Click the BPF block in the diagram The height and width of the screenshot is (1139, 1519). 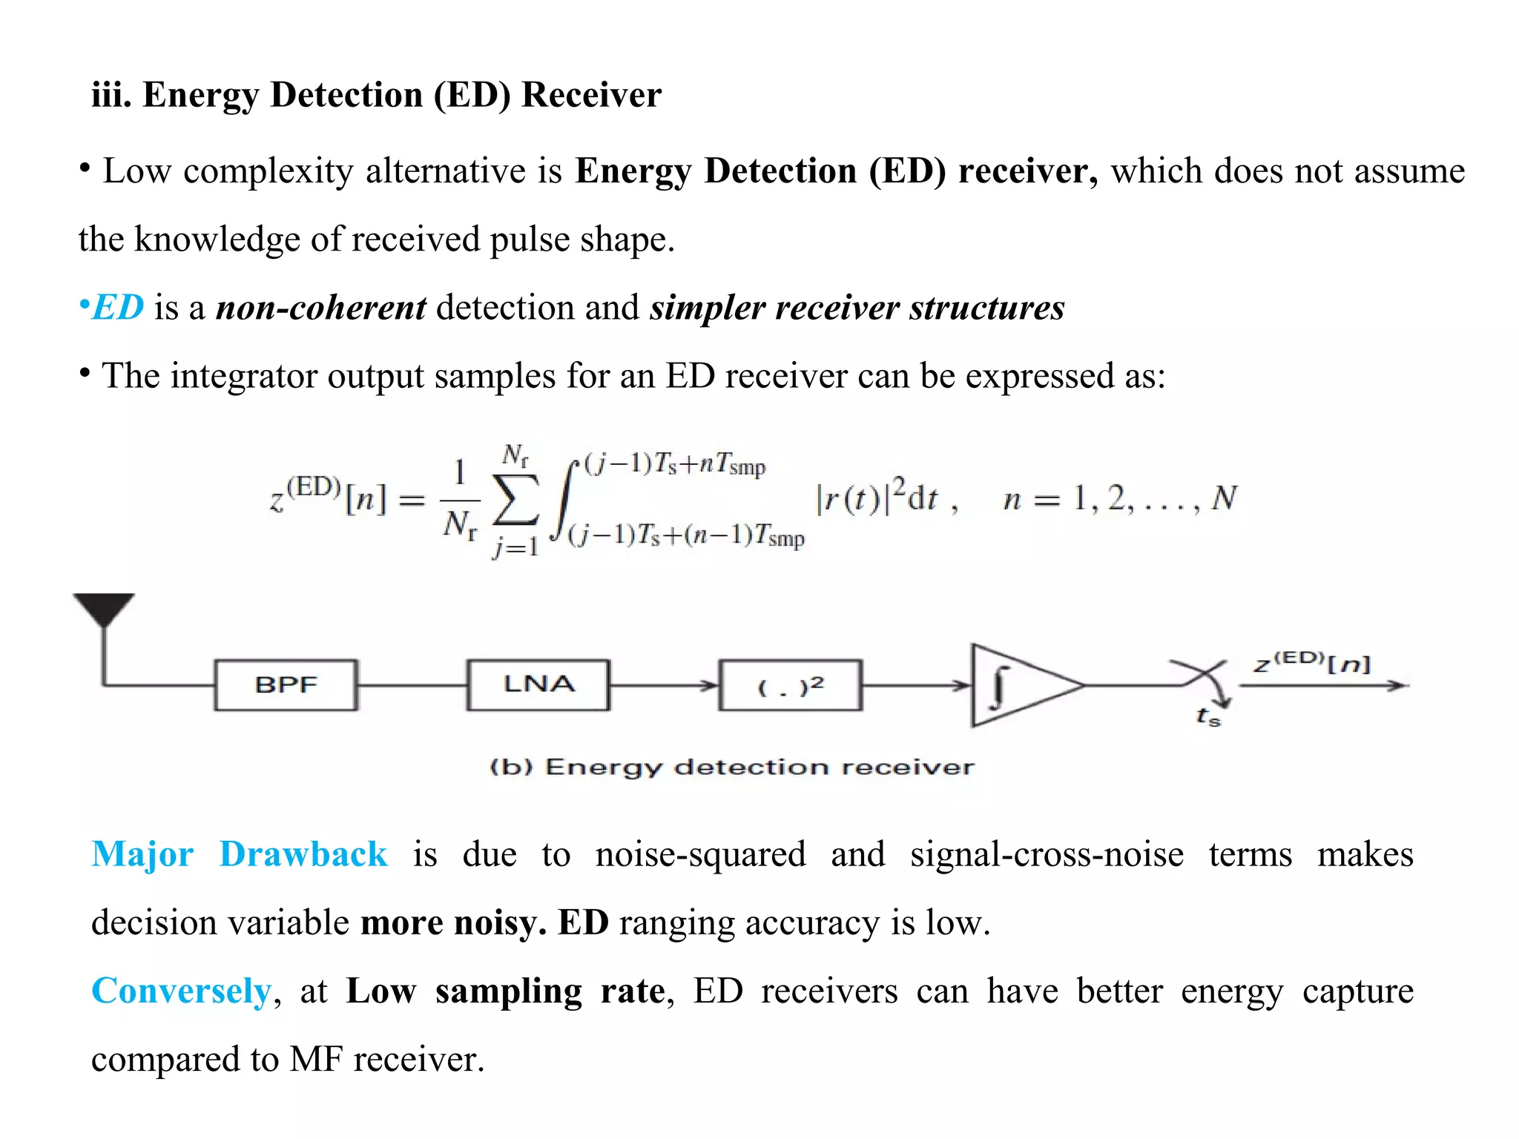pyautogui.click(x=286, y=685)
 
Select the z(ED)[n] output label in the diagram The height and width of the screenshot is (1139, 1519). pyautogui.click(x=1312, y=661)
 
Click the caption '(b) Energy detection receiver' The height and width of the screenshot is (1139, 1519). pyautogui.click(x=731, y=767)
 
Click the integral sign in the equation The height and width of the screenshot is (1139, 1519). pyautogui.click(x=564, y=501)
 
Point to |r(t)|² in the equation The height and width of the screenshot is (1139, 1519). pyautogui.click(x=860, y=497)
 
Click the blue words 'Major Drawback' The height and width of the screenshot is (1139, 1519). pyautogui.click(x=239, y=854)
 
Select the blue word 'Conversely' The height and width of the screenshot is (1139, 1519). pyautogui.click(x=182, y=991)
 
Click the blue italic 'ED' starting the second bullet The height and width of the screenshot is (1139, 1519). pyautogui.click(x=118, y=308)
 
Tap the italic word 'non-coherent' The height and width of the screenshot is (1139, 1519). pyautogui.click(x=320, y=308)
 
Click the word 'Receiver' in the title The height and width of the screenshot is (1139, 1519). pyautogui.click(x=590, y=95)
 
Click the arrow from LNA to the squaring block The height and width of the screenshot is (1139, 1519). pyautogui.click(x=664, y=685)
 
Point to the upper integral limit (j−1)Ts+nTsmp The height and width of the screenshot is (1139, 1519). pyautogui.click(x=675, y=465)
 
